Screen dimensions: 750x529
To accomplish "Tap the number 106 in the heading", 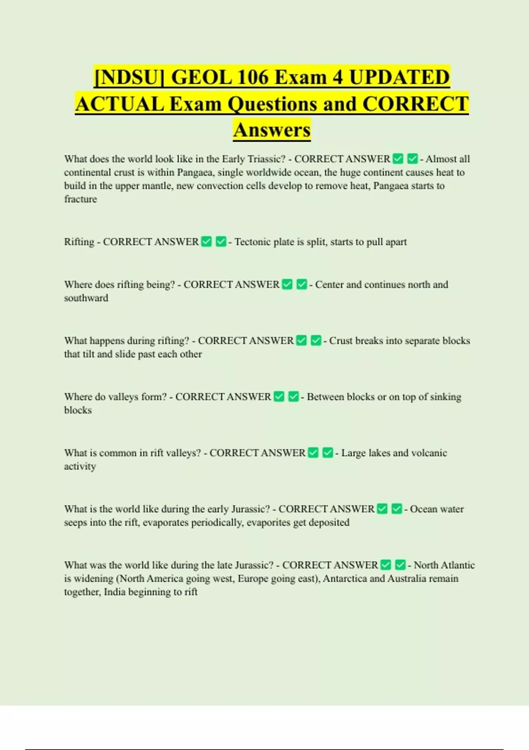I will [x=253, y=77].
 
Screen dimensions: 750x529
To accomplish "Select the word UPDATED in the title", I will [x=399, y=77].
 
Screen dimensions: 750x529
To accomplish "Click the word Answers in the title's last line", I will [x=272, y=130].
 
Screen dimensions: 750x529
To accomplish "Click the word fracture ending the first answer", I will [x=80, y=199].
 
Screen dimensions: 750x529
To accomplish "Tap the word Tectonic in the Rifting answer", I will [x=253, y=242].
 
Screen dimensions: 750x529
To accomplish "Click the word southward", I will [x=86, y=298].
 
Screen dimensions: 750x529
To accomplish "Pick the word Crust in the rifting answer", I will [x=341, y=341].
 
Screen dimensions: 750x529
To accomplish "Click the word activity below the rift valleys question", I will [x=80, y=466].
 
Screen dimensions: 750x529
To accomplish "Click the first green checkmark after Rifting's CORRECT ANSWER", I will [x=206, y=242].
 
